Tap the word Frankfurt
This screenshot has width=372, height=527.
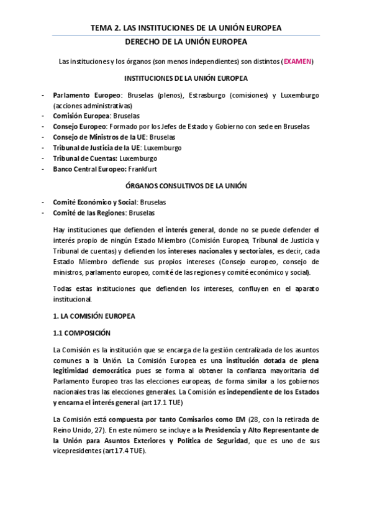pyautogui.click(x=161, y=169)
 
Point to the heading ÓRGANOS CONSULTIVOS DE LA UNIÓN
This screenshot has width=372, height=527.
pyautogui.click(x=186, y=186)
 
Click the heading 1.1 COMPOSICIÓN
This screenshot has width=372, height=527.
pyautogui.click(x=82, y=332)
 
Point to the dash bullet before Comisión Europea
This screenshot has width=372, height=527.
pyautogui.click(x=42, y=116)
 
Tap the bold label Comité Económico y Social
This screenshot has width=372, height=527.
pyautogui.click(x=94, y=203)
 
